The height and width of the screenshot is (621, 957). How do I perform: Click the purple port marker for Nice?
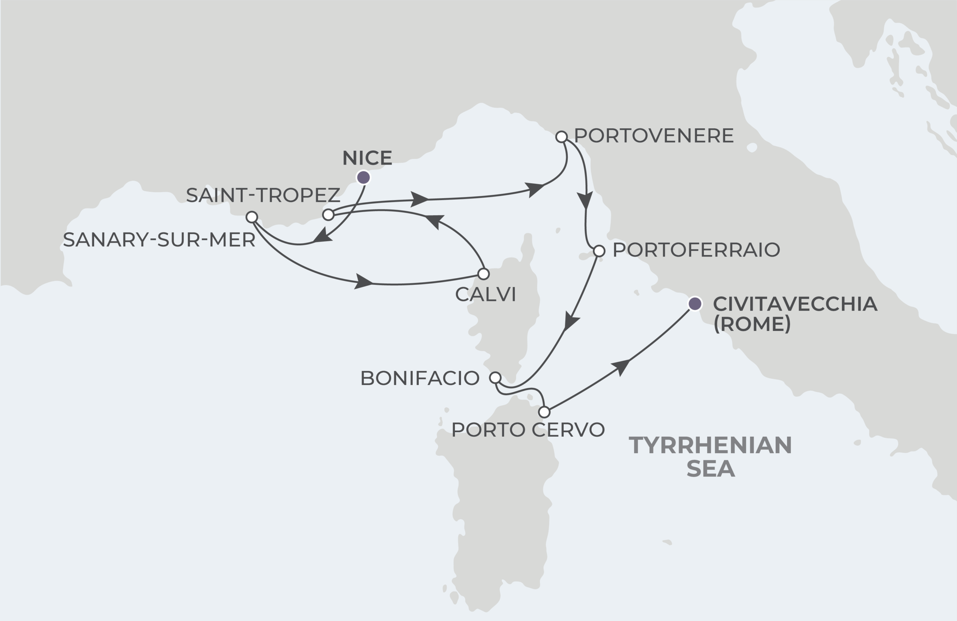pyautogui.click(x=363, y=177)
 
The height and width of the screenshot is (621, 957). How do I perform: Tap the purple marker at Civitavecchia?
pyautogui.click(x=695, y=304)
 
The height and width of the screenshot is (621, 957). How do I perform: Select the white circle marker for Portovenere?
pyautogui.click(x=561, y=137)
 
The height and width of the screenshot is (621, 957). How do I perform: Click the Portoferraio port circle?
pyautogui.click(x=599, y=251)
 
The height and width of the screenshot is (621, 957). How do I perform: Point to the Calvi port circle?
pyautogui.click(x=483, y=274)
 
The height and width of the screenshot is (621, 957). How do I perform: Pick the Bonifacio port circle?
pyautogui.click(x=495, y=378)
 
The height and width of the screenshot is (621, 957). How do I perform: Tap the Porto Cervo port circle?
pyautogui.click(x=544, y=412)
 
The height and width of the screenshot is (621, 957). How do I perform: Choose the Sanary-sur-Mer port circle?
pyautogui.click(x=252, y=217)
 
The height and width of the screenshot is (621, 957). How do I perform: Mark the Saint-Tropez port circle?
pyautogui.click(x=329, y=215)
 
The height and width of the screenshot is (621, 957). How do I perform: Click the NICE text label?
pyautogui.click(x=367, y=158)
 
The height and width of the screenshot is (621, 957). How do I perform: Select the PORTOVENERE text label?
pyautogui.click(x=654, y=136)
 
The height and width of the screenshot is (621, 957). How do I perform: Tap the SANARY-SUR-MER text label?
pyautogui.click(x=159, y=240)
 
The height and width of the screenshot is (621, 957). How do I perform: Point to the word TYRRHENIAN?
pyautogui.click(x=710, y=445)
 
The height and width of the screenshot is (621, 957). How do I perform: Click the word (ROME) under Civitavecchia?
pyautogui.click(x=752, y=324)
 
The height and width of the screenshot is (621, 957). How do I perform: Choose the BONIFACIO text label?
pyautogui.click(x=420, y=378)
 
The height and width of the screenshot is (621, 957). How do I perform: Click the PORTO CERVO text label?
pyautogui.click(x=528, y=430)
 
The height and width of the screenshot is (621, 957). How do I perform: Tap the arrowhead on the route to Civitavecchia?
pyautogui.click(x=621, y=366)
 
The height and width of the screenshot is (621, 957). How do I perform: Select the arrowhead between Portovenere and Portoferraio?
pyautogui.click(x=585, y=200)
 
